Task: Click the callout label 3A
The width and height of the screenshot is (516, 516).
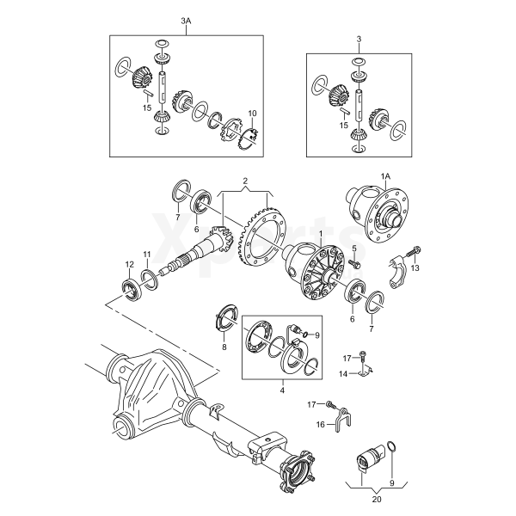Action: pyautogui.click(x=187, y=20)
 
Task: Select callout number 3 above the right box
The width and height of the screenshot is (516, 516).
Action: pyautogui.click(x=359, y=39)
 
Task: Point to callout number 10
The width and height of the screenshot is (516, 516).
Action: pyautogui.click(x=252, y=114)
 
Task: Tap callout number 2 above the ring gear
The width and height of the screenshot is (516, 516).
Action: pyautogui.click(x=245, y=181)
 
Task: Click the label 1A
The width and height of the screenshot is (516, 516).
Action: pyautogui.click(x=385, y=175)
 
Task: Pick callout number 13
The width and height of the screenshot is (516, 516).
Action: pyautogui.click(x=415, y=269)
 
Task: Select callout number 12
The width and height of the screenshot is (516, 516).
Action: pyautogui.click(x=129, y=264)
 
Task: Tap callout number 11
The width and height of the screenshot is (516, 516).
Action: pyautogui.click(x=147, y=254)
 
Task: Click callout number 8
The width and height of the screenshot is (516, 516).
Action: pyautogui.click(x=224, y=348)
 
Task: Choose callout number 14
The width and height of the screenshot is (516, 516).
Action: pyautogui.click(x=342, y=374)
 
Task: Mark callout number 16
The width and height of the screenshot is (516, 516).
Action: pyautogui.click(x=320, y=424)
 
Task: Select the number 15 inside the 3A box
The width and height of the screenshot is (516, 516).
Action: pyautogui.click(x=147, y=108)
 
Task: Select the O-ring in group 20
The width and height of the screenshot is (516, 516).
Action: pyautogui.click(x=392, y=447)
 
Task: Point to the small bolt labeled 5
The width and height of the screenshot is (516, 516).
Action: pyautogui.click(x=353, y=263)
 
